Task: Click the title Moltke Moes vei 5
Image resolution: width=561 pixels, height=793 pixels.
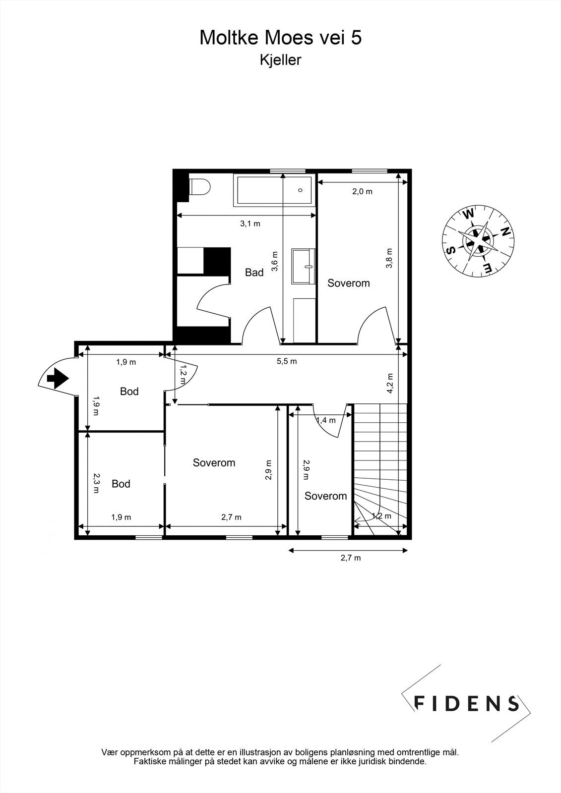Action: tap(280, 38)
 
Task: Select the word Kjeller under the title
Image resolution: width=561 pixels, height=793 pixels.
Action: tap(280, 60)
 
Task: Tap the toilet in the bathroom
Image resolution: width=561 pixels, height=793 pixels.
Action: tap(201, 187)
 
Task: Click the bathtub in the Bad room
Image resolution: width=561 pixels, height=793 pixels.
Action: tap(274, 190)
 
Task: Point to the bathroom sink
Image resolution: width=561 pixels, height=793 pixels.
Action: tap(304, 266)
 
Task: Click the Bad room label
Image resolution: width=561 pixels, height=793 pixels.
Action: tap(254, 273)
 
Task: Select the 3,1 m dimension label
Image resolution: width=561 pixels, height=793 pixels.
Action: tap(250, 224)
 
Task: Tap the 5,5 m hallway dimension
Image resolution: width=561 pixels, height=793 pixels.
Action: tap(287, 361)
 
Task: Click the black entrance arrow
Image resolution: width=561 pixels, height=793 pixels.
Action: tap(57, 379)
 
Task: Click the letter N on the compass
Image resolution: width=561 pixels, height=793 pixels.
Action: tap(505, 231)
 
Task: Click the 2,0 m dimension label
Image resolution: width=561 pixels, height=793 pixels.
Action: tap(362, 191)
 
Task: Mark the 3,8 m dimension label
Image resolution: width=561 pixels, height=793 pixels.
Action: tap(389, 258)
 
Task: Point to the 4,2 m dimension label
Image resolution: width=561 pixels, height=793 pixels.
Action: tap(390, 383)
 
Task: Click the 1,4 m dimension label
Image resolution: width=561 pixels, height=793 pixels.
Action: tap(326, 420)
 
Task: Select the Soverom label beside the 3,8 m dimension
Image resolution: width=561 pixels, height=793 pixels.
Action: tap(349, 283)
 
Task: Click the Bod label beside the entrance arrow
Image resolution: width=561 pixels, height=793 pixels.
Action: tap(129, 392)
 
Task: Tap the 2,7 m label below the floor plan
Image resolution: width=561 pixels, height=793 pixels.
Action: tap(350, 558)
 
